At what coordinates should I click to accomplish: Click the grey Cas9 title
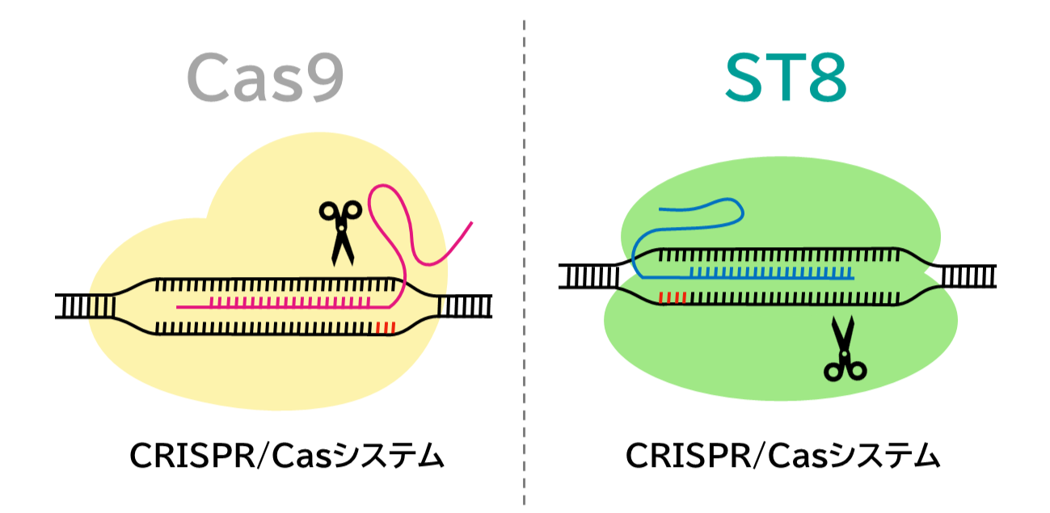pyautogui.click(x=265, y=79)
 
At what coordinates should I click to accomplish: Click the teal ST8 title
pyautogui.click(x=785, y=79)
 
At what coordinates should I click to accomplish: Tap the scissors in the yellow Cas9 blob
pyautogui.click(x=341, y=232)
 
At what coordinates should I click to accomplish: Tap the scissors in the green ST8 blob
pyautogui.click(x=844, y=349)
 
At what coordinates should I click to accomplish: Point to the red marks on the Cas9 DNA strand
pyautogui.click(x=386, y=327)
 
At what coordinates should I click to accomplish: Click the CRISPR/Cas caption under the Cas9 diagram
pyautogui.click(x=287, y=457)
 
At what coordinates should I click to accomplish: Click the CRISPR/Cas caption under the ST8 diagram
pyautogui.click(x=783, y=457)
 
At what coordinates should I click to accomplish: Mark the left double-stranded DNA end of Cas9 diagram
pyautogui.click(x=84, y=306)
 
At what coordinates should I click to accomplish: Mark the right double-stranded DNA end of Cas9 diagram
pyautogui.click(x=464, y=306)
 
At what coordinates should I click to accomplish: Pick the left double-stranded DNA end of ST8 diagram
pyautogui.click(x=588, y=276)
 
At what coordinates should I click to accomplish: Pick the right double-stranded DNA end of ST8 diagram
pyautogui.click(x=968, y=276)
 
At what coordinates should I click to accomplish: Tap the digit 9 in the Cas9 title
pyautogui.click(x=318, y=79)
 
